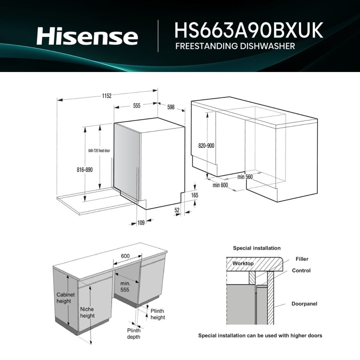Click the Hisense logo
coord(87,36)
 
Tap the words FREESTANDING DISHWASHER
coord(235,47)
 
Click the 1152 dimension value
coord(107,96)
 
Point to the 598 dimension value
coord(171,107)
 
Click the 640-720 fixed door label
coord(99,151)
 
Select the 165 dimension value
coord(194,195)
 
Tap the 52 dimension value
coord(177,210)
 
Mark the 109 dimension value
coord(141,222)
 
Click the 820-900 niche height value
coord(206,146)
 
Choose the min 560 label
coord(245,177)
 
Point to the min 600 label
coord(220,185)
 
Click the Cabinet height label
coord(65,298)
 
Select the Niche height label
coord(87,312)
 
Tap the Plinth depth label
coord(133,334)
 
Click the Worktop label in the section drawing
coord(243,264)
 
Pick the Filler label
coord(302,259)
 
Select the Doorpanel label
coord(304,304)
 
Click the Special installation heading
coord(256,248)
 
